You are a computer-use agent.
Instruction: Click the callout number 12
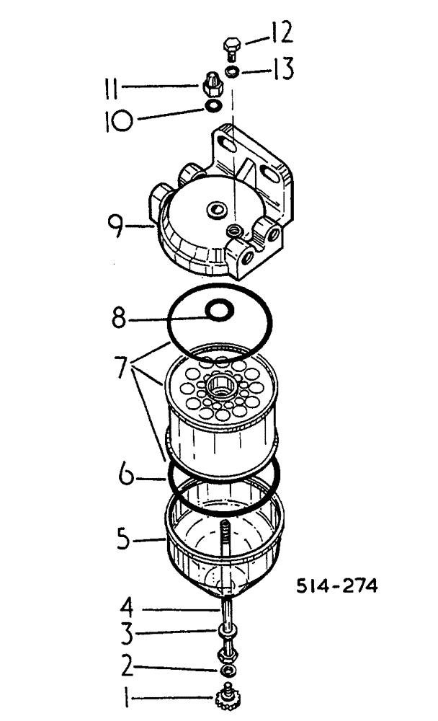280,34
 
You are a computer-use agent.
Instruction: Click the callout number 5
128,538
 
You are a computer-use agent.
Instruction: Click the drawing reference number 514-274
336,586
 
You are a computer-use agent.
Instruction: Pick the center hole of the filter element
218,390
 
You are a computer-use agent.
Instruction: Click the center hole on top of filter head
215,209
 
